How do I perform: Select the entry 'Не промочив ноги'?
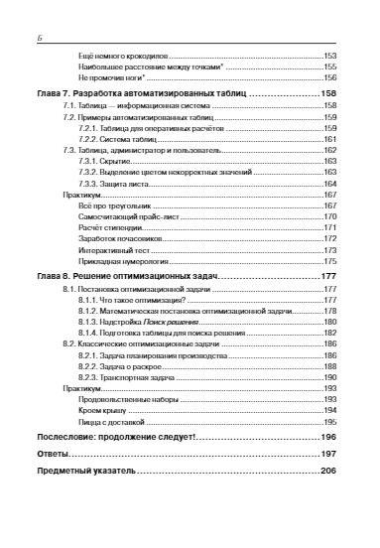click(112, 76)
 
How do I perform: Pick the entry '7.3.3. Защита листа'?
click(124, 184)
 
